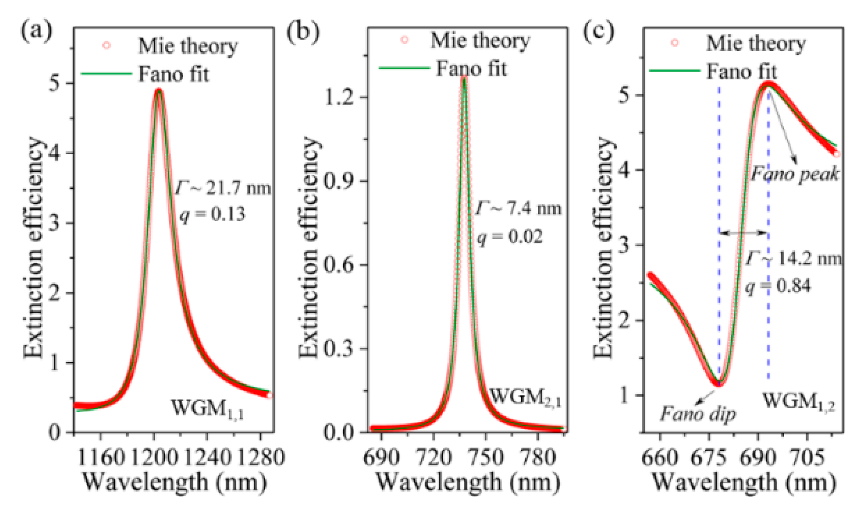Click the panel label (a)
37,31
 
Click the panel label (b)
303,31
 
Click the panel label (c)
598,31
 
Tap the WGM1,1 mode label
207,408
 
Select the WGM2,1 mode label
525,397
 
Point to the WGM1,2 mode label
798,402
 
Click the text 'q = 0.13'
212,215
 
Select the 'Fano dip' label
698,414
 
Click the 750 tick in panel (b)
485,458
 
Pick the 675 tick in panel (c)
709,458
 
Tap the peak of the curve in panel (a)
159,89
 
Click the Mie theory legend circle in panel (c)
675,43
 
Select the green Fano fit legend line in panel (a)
106,74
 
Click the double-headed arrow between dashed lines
743,233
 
